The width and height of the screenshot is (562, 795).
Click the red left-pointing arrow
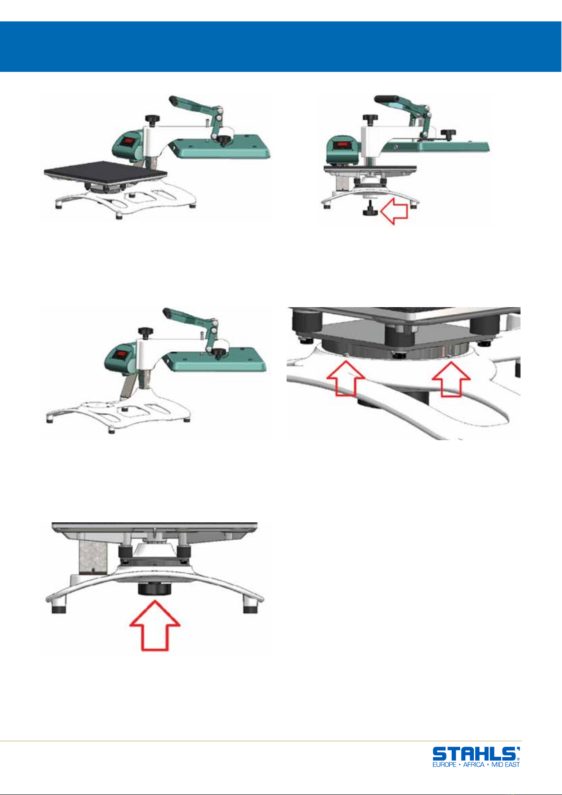394,211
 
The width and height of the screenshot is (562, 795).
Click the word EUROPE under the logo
444,764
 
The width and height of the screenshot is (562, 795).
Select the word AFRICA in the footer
474,764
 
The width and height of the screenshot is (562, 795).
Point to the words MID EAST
505,764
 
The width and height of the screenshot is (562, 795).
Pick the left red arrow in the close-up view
346,378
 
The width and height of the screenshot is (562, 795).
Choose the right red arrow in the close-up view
451,379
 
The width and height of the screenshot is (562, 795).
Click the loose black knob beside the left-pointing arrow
370,209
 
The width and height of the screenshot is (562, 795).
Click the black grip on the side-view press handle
387,99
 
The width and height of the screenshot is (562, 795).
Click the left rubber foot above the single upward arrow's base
58,609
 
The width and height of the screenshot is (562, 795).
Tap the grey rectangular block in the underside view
92,554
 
